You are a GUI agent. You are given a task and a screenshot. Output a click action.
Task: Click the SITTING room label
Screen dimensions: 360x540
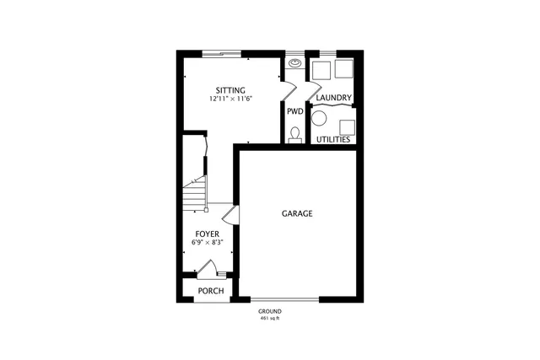point(230,89)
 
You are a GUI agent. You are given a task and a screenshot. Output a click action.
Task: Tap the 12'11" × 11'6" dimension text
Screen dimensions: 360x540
point(231,99)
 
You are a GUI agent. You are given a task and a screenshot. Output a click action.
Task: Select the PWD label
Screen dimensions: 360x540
point(294,110)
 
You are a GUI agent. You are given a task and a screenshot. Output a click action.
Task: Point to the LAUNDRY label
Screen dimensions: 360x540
point(333,99)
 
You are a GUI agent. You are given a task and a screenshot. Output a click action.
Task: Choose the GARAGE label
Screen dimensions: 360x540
point(297,214)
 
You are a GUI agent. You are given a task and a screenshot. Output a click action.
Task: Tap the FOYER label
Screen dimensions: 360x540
point(208,234)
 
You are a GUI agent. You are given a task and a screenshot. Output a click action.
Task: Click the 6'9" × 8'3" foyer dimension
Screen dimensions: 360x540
point(208,243)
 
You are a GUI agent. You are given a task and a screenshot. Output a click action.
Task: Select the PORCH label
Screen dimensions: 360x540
point(210,291)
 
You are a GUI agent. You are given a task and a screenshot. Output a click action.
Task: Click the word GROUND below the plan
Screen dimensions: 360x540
point(270,312)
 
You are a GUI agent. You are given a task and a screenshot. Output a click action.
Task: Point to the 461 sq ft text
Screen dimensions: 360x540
point(270,320)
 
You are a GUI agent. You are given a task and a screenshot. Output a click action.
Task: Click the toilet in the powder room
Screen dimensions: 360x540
point(294,134)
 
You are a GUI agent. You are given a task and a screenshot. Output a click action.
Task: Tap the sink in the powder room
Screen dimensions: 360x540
point(295,62)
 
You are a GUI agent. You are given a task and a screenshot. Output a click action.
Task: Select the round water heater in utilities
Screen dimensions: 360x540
point(319,119)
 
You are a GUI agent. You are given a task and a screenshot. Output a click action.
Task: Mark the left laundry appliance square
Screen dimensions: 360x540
point(321,69)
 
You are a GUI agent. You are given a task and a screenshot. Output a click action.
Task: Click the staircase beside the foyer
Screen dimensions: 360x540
point(196,195)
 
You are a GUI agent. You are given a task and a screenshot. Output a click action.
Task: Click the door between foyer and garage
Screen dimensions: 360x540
point(235,215)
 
